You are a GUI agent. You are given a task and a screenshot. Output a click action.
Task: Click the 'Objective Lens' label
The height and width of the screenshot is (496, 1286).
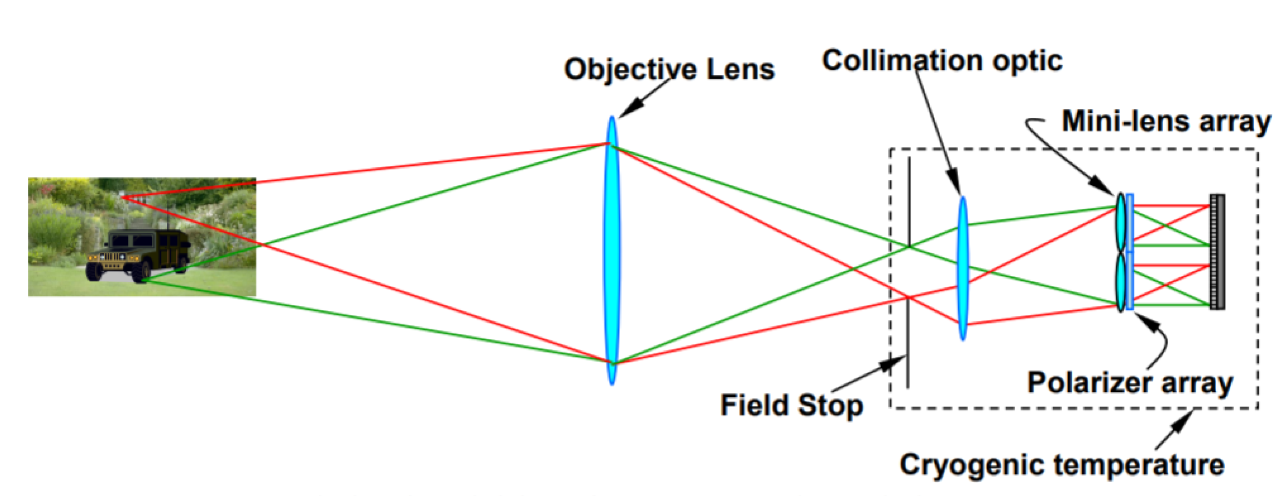tap(669, 69)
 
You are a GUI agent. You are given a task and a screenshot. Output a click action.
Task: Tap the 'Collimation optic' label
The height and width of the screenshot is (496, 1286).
tap(942, 60)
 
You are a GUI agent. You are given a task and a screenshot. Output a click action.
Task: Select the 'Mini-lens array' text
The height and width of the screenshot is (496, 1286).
tap(1166, 121)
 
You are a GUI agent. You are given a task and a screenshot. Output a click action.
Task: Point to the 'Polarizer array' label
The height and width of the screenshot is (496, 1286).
tap(1130, 383)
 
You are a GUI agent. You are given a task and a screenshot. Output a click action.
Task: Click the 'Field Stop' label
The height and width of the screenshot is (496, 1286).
tap(791, 405)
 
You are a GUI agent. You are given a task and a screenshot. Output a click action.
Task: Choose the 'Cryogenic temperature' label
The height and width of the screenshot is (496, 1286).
tap(1062, 465)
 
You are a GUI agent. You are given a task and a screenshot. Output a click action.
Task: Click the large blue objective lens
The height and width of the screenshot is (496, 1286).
tap(612, 250)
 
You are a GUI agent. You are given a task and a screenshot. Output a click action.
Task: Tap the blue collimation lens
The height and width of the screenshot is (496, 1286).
tap(962, 268)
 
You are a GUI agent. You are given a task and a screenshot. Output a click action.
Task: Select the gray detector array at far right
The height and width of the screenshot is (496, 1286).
tap(1217, 251)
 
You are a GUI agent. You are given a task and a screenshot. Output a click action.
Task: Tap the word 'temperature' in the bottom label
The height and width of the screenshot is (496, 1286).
tap(1143, 465)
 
